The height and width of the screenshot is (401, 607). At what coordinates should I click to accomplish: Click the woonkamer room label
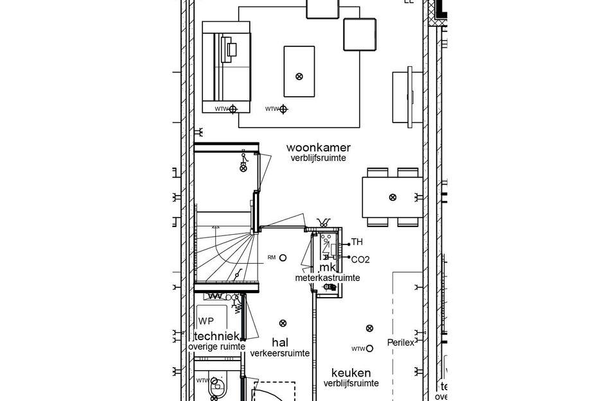[319, 148]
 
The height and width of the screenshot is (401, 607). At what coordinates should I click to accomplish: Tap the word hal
[280, 341]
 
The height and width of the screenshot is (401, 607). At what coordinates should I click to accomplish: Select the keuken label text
[351, 372]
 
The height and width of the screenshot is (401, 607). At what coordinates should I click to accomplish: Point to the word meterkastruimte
[327, 278]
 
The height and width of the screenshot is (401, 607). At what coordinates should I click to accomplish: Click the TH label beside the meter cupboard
[357, 243]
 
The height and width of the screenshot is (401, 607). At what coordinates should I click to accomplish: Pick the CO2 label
[360, 259]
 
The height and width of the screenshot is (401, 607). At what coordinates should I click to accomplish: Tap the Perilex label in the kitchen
[400, 343]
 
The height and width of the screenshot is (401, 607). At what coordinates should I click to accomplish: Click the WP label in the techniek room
[206, 321]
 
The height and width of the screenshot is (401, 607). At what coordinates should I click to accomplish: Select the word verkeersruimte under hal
[280, 353]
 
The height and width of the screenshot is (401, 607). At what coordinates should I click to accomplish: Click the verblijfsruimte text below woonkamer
[318, 158]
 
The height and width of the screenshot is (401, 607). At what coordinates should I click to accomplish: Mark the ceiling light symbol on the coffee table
[299, 76]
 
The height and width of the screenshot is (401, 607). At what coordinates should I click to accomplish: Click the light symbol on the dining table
[392, 197]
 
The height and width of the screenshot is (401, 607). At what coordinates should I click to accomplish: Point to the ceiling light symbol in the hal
[283, 323]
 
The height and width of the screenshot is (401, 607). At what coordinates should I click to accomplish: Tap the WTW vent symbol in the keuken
[369, 348]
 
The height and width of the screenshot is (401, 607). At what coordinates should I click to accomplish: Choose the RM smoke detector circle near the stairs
[283, 258]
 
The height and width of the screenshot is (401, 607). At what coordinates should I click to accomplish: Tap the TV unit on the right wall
[407, 96]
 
